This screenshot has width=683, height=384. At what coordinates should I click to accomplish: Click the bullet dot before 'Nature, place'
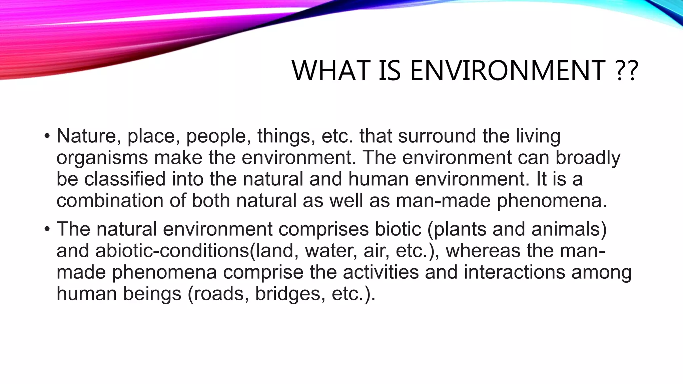[47, 136]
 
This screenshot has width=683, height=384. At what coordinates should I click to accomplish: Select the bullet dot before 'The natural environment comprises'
[47, 229]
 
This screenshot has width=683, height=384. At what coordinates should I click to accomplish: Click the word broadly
[588, 157]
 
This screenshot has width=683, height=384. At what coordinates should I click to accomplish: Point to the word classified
[125, 179]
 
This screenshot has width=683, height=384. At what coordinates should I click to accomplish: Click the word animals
[565, 229]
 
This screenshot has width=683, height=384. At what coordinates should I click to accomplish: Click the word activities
[381, 272]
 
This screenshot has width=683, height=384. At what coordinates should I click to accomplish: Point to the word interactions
[515, 272]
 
